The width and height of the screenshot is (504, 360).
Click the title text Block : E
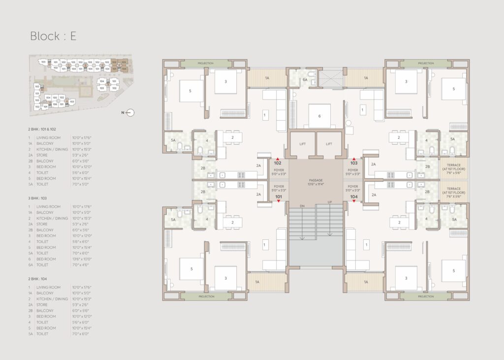53,36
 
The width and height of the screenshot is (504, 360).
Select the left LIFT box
302,144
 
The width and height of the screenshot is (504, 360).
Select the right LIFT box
329,144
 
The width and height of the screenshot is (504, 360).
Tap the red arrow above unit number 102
278,159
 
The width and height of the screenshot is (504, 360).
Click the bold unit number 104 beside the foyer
354,196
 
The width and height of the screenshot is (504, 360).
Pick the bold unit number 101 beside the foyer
278,196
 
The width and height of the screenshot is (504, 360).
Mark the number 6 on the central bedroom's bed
319,116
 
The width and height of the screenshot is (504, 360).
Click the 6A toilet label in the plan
305,80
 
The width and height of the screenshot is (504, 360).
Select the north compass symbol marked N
129,113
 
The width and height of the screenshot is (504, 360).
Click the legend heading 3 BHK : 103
41,198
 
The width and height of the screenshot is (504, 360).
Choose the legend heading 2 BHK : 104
41,279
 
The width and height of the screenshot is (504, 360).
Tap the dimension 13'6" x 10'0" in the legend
82,259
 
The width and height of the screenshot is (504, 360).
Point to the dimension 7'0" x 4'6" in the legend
81,264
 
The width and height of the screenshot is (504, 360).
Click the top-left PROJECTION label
206,64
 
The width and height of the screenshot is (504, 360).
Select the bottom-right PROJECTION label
426,296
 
